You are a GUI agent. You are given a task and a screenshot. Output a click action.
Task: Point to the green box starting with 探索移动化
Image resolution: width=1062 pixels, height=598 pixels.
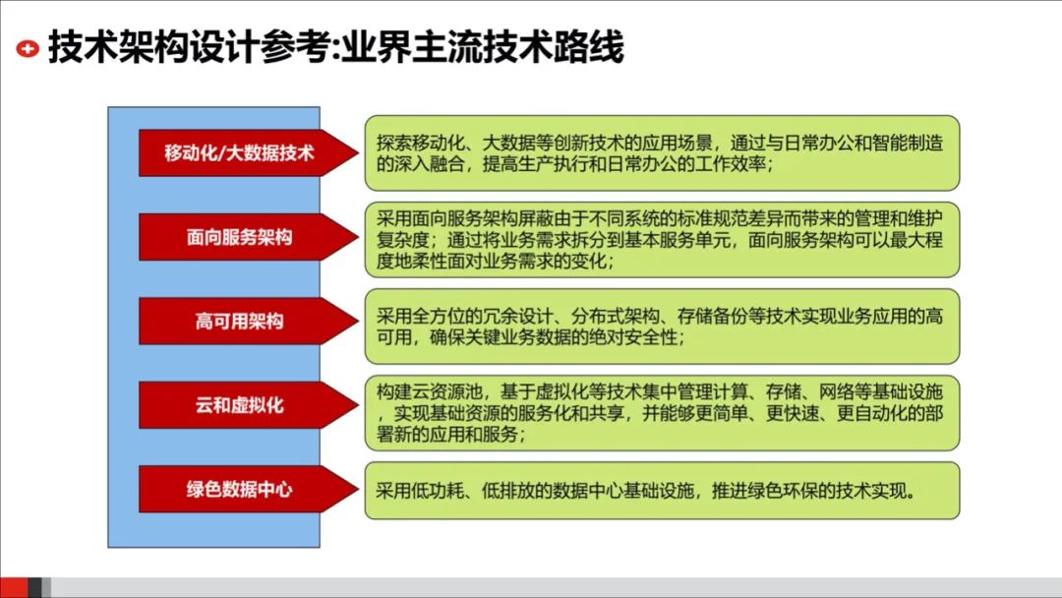click(x=662, y=153)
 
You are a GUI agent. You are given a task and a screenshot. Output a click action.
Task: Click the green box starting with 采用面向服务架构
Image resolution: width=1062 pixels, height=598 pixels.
click(x=662, y=239)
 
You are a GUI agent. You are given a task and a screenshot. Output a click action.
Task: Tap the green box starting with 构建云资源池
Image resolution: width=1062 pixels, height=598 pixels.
click(x=662, y=412)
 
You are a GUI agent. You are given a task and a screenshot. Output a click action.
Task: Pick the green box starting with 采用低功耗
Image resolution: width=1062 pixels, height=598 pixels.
click(x=662, y=490)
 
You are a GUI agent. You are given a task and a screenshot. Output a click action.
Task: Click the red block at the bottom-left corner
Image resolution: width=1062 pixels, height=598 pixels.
click(x=14, y=587)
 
